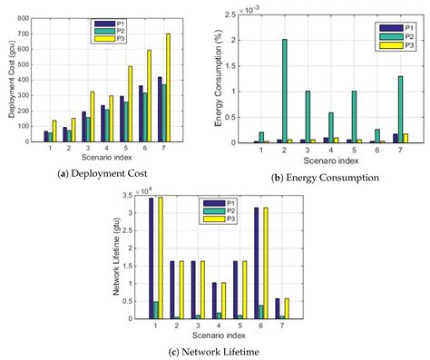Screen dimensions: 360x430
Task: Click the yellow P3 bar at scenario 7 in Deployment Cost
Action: (x=168, y=87)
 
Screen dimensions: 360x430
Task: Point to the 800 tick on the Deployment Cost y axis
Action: (x=41, y=15)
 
